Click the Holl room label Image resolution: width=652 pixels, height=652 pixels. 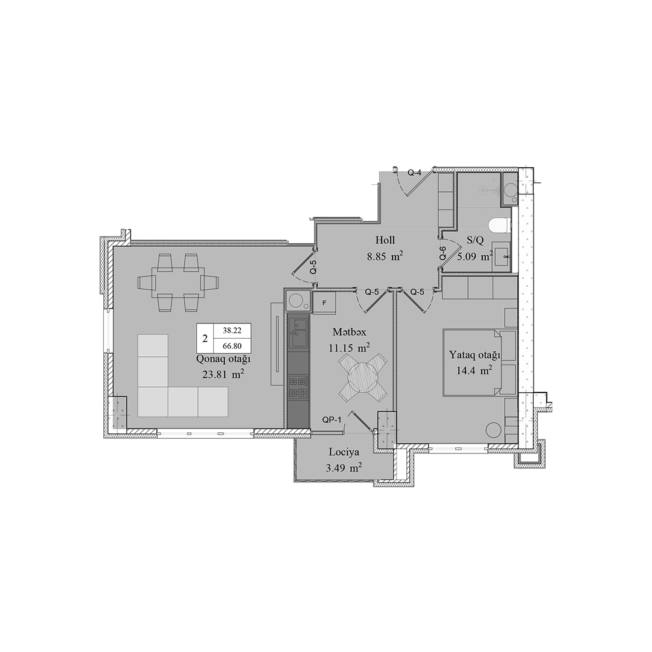pyautogui.click(x=385, y=240)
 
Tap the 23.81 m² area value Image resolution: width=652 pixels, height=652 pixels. pyautogui.click(x=223, y=374)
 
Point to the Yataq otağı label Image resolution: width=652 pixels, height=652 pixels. pyautogui.click(x=474, y=355)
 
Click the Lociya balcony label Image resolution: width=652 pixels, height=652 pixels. pyautogui.click(x=344, y=452)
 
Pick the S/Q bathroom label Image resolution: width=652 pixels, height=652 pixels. pyautogui.click(x=475, y=240)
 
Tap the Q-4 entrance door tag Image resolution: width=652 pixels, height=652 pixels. pyautogui.click(x=415, y=173)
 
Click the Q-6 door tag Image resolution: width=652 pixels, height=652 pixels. pyautogui.click(x=443, y=253)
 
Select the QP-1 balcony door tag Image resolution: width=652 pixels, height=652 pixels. pyautogui.click(x=332, y=420)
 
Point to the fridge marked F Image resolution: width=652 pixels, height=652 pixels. pyautogui.click(x=324, y=302)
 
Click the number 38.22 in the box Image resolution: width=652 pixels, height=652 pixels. pyautogui.click(x=232, y=331)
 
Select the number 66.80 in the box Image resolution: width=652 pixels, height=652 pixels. pyautogui.click(x=232, y=345)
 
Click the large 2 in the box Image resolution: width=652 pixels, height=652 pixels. pyautogui.click(x=205, y=338)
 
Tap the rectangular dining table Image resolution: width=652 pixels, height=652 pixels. pyautogui.click(x=176, y=283)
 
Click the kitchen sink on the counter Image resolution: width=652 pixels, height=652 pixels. pyautogui.click(x=298, y=333)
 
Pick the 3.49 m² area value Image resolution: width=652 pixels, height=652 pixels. pyautogui.click(x=344, y=468)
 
